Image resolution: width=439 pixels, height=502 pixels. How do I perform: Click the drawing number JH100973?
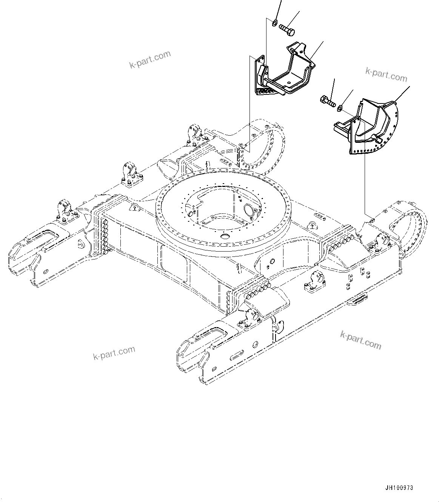[x=399, y=488]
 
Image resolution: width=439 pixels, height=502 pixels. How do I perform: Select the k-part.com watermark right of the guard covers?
[x=386, y=74]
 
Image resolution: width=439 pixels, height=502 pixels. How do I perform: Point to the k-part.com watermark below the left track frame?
[x=114, y=353]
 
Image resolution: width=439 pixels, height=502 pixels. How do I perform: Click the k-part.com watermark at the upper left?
[x=150, y=60]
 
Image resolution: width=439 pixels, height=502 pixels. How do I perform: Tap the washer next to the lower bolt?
[x=340, y=109]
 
